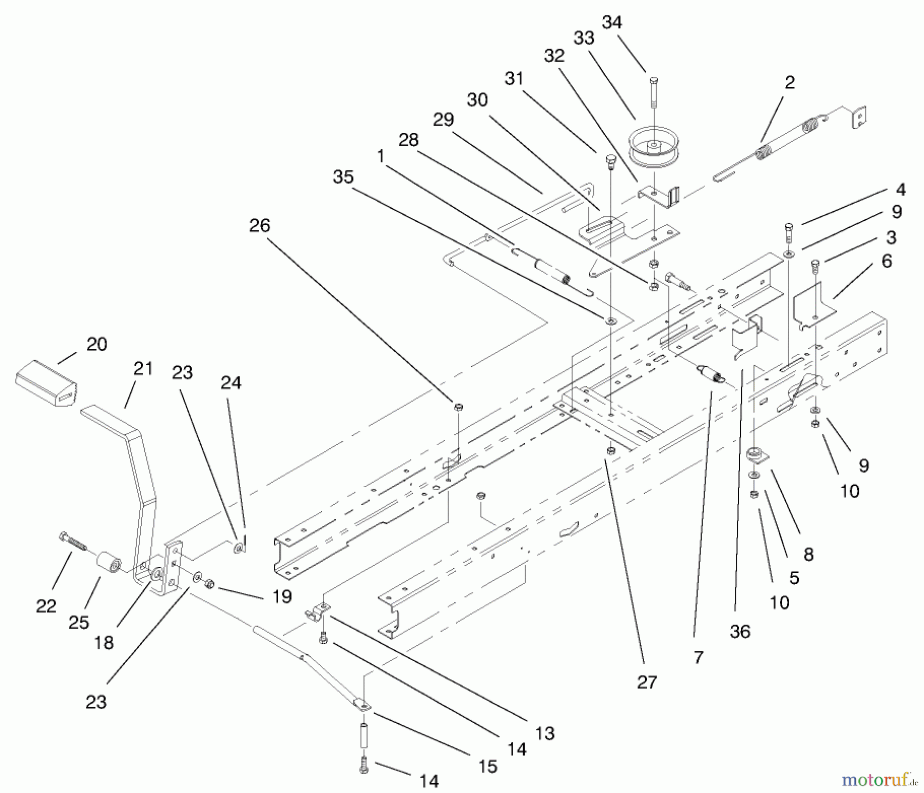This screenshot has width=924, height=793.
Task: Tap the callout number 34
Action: point(612,23)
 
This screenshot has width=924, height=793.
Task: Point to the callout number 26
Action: point(260,225)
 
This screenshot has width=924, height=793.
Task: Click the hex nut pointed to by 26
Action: point(458,407)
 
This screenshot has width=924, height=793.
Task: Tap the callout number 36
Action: point(740,632)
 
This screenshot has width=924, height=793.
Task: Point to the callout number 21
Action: point(143,368)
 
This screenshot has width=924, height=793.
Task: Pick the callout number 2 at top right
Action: point(790,82)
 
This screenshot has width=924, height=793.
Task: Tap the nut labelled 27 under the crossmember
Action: point(611,451)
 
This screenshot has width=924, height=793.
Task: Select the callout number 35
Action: point(343,177)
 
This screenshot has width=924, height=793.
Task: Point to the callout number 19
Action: point(282,596)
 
